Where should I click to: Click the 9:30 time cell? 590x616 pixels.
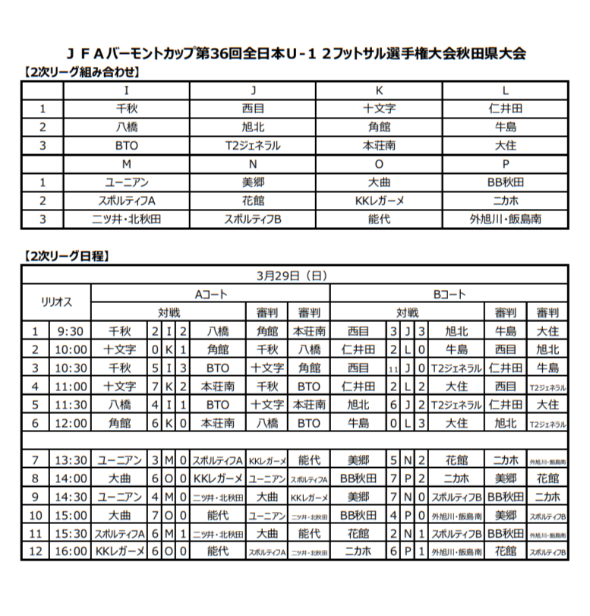[x=71, y=331]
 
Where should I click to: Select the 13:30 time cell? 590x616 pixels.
[x=71, y=460]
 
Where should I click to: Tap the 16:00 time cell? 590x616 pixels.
[x=71, y=551]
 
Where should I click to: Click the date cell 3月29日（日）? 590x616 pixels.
[x=295, y=275]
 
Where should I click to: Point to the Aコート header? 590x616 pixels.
[x=210, y=294]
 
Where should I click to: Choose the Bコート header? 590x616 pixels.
[x=449, y=294]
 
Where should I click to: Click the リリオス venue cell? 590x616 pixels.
[x=56, y=302]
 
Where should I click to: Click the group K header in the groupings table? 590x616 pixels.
[x=380, y=90]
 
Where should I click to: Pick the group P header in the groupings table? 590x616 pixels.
[x=506, y=164]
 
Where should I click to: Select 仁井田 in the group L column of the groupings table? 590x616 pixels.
[x=506, y=109]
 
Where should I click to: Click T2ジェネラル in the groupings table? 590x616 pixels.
[x=253, y=146]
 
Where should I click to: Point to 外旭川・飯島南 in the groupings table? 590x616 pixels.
[x=506, y=220]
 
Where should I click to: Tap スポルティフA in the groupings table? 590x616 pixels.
[x=127, y=201]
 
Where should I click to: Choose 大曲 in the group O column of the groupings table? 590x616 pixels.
[x=380, y=183]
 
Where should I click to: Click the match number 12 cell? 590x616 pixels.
[x=34, y=551]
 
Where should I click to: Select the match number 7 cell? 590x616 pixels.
[x=34, y=460]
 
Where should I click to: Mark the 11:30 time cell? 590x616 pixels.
[x=71, y=405]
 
